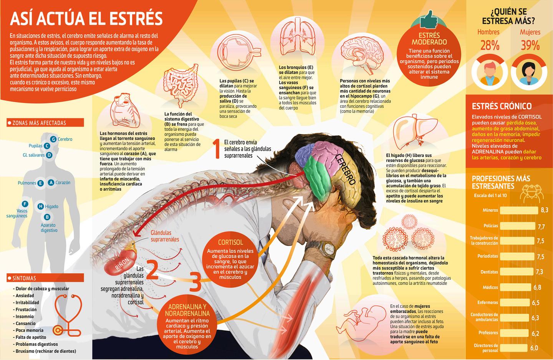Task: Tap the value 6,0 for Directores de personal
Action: (x=534, y=348)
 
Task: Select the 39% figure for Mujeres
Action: (x=530, y=46)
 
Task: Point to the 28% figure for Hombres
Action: (x=490, y=46)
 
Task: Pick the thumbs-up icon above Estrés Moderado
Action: (x=429, y=19)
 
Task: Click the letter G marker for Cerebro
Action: (x=53, y=139)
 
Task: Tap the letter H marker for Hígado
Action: (x=40, y=206)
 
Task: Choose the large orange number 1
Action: (x=217, y=149)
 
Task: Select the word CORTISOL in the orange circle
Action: (x=230, y=242)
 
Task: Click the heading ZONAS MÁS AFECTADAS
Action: (x=39, y=123)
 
